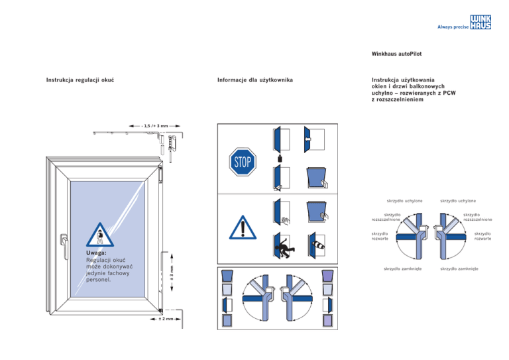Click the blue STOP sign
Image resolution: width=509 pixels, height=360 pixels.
point(243,161)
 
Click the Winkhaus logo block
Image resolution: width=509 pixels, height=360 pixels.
point(480,23)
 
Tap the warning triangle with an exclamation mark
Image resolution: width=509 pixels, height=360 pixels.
point(243,227)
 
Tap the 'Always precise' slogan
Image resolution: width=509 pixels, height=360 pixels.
point(451,27)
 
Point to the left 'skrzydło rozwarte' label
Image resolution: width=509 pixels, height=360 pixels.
point(380,236)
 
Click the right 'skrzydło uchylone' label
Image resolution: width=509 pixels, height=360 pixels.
point(459,202)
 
